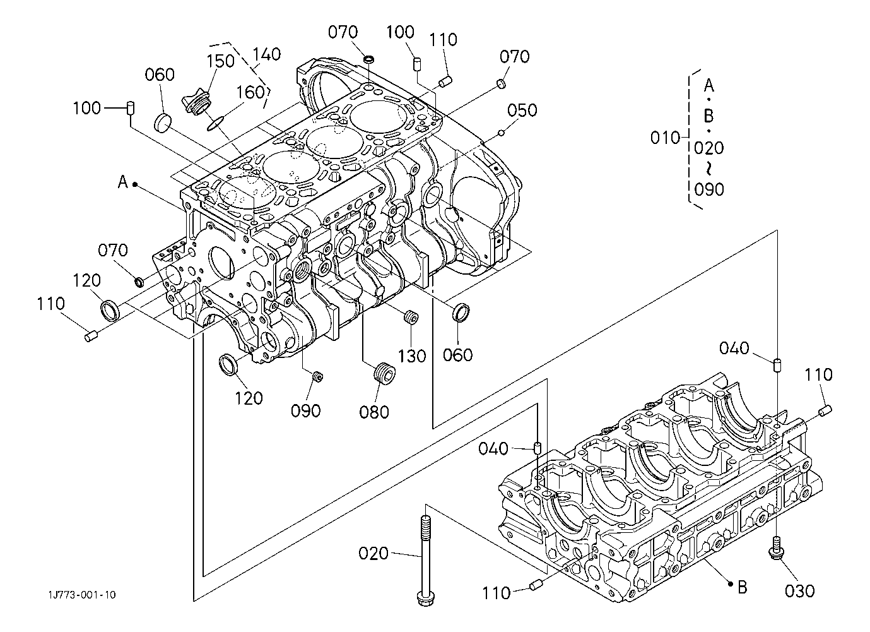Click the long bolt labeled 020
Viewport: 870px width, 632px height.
[x=426, y=560]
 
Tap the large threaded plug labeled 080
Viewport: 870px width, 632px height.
[x=384, y=374]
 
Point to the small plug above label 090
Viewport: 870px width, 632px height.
[x=318, y=376]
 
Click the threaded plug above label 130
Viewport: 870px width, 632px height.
[x=411, y=317]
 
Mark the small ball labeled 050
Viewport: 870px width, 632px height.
[x=501, y=133]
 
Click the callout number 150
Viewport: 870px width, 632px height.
[x=220, y=61]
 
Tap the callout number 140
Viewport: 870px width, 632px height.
[x=266, y=54]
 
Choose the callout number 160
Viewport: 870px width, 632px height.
[x=250, y=93]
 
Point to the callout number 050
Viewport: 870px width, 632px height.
[x=522, y=110]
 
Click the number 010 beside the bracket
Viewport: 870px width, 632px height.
[x=665, y=138]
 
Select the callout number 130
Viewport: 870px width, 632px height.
[x=412, y=356]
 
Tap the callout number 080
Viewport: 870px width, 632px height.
[x=374, y=412]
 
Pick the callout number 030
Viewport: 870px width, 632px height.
[x=800, y=591]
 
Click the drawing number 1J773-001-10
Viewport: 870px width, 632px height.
[x=83, y=595]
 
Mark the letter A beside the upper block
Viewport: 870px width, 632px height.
[x=123, y=182]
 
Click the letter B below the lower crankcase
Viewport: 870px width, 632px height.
[x=742, y=587]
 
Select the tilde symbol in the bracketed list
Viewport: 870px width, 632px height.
[x=709, y=169]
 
